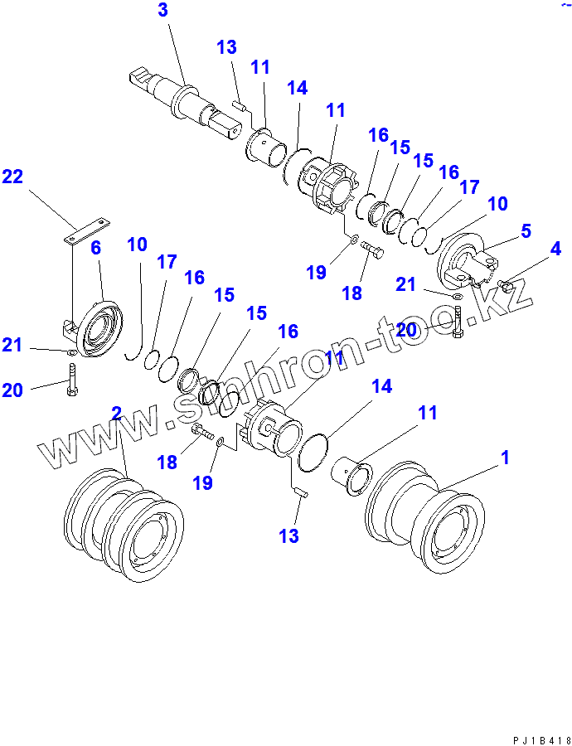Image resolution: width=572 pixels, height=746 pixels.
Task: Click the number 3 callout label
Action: click(x=162, y=11)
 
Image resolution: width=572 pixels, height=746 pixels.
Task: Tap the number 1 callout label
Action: click(x=505, y=458)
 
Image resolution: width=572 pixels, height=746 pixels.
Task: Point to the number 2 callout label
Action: click(x=116, y=414)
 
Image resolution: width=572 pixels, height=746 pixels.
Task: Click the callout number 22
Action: click(x=12, y=177)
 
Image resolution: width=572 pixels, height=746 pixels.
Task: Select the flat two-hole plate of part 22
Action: click(x=86, y=230)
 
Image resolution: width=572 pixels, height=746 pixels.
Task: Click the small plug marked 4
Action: click(x=507, y=286)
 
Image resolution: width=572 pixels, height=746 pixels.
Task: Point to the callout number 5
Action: click(x=526, y=231)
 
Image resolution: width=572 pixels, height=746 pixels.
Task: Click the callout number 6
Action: click(x=95, y=248)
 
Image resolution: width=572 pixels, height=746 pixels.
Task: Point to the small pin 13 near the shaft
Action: click(x=236, y=105)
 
